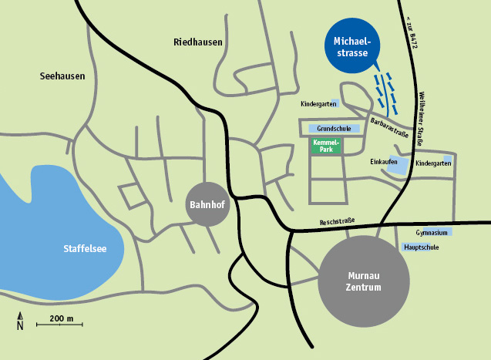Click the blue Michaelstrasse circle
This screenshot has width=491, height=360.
tap(352, 45)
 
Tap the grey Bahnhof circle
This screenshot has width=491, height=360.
tap(207, 205)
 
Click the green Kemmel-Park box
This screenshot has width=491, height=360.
tap(326, 146)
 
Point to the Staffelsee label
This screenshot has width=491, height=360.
tap(84, 248)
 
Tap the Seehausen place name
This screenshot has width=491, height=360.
tap(62, 76)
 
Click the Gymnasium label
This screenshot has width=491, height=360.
tap(430, 232)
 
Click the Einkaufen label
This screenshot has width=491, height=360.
tap(383, 162)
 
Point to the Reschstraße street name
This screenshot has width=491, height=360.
tap(337, 222)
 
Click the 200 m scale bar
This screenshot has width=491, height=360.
tap(59, 325)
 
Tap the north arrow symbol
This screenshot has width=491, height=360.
tap(20, 321)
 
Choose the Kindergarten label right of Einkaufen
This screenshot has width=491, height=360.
tap(432, 163)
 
